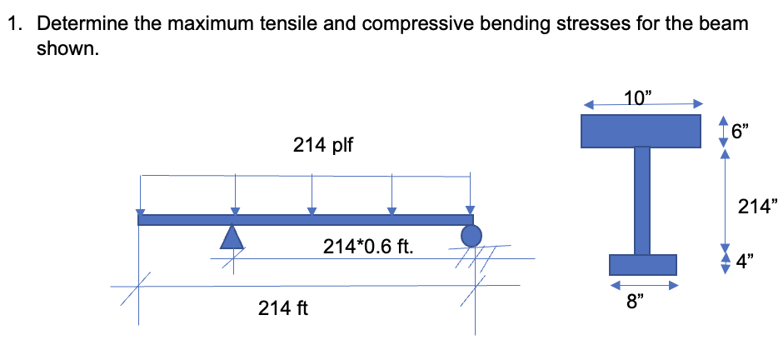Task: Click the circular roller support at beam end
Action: (x=471, y=236)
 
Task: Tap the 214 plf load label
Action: (x=322, y=146)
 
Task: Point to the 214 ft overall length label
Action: (x=283, y=309)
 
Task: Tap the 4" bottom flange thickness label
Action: (x=740, y=263)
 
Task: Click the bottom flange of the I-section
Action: (x=641, y=264)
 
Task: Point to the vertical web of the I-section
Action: (x=641, y=200)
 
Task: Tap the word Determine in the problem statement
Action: (x=81, y=24)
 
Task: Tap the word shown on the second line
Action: (x=66, y=48)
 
